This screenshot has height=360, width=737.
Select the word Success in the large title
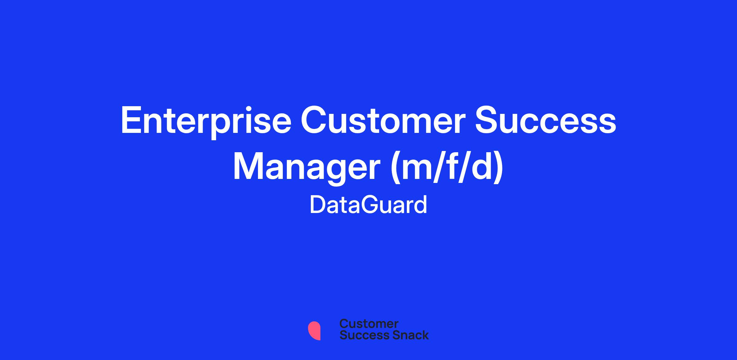(545, 120)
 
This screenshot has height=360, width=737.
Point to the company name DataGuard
(368, 205)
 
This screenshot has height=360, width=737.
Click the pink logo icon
(314, 331)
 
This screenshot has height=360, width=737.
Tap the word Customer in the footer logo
(369, 324)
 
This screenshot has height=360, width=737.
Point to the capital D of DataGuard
(318, 205)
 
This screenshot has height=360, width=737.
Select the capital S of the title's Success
(487, 120)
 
